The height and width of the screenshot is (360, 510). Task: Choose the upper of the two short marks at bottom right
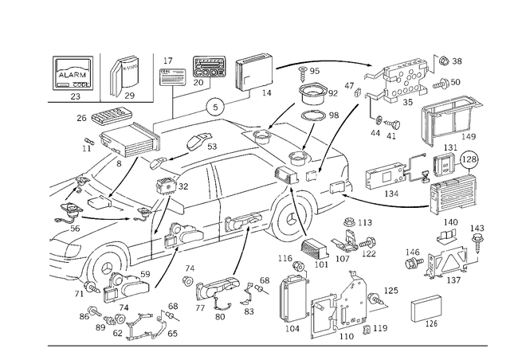[x=427, y=299]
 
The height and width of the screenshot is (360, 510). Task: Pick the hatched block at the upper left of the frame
[x=112, y=119]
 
